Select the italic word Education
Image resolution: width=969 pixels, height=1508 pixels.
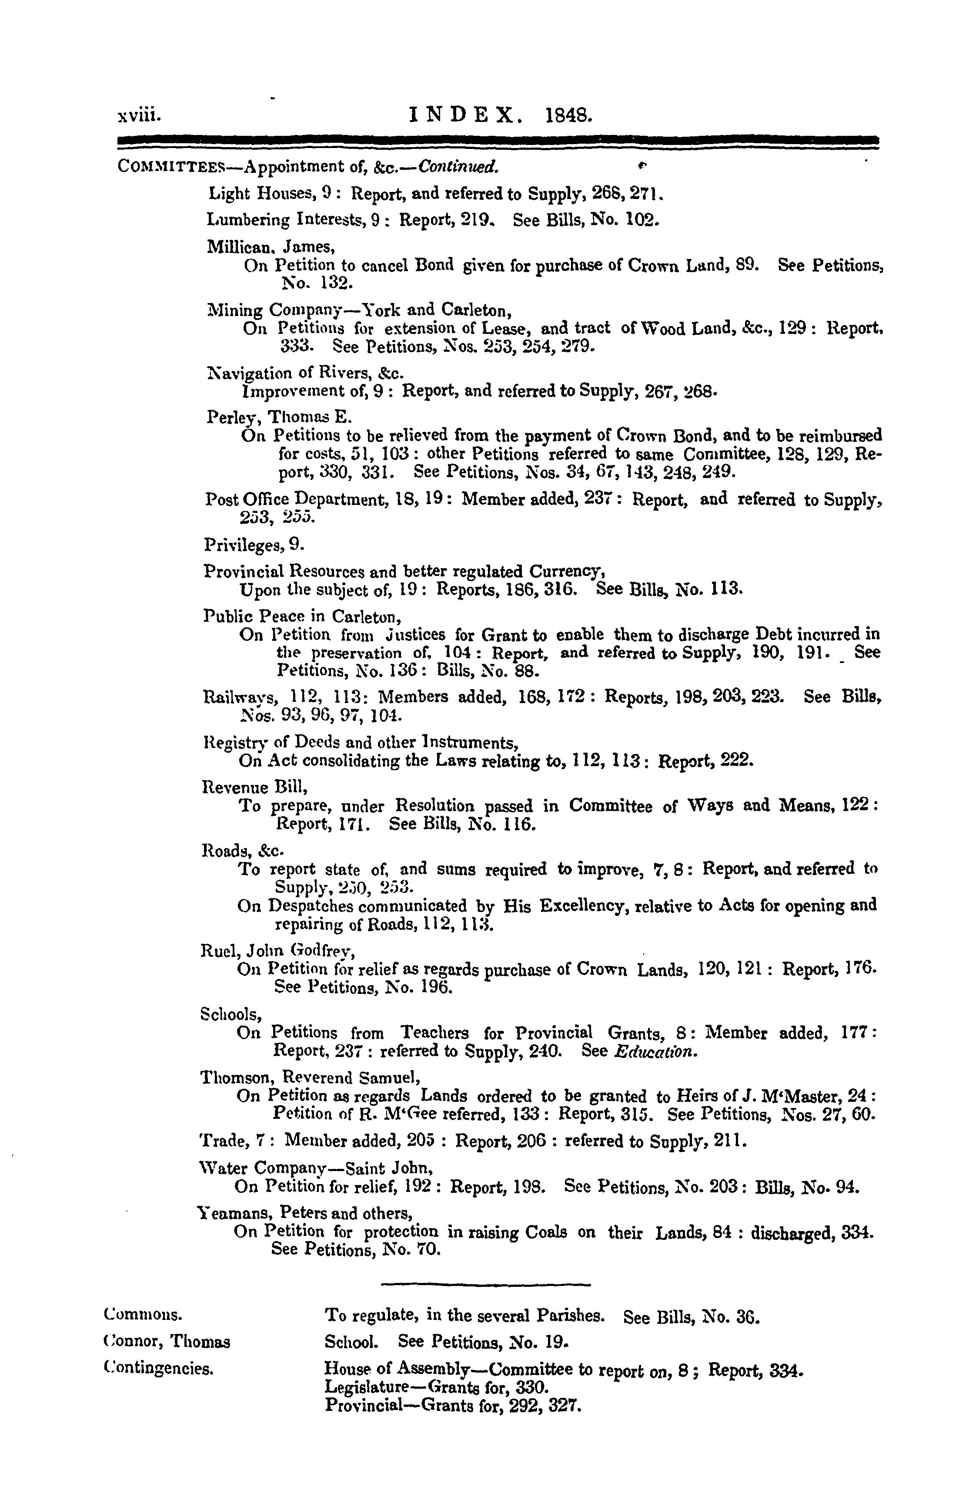pos(655,1051)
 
